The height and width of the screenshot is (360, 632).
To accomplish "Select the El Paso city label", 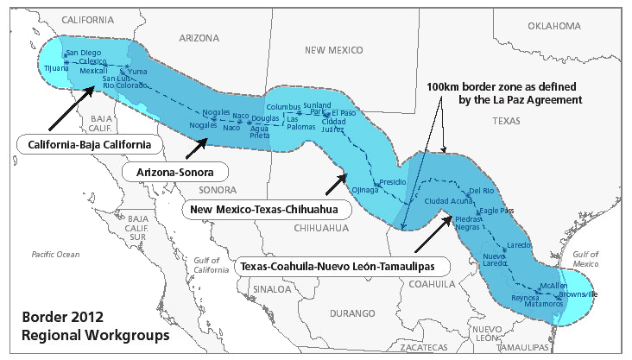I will click(x=343, y=113).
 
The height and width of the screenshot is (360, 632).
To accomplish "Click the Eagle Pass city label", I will click(x=496, y=210).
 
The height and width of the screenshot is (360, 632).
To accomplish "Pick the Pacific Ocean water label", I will click(x=55, y=254).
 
